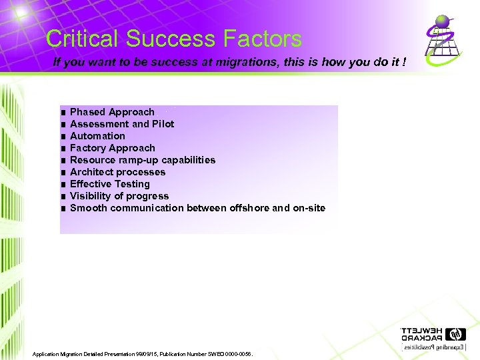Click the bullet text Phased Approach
(x=112, y=112)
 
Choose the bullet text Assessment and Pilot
(x=122, y=124)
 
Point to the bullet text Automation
(x=97, y=136)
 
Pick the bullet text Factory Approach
(x=112, y=148)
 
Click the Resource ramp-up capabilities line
(x=143, y=160)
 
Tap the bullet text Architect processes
(x=117, y=172)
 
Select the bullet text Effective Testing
(x=110, y=184)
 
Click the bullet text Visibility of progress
(x=119, y=196)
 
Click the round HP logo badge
(x=455, y=334)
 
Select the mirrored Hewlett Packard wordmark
(x=421, y=334)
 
